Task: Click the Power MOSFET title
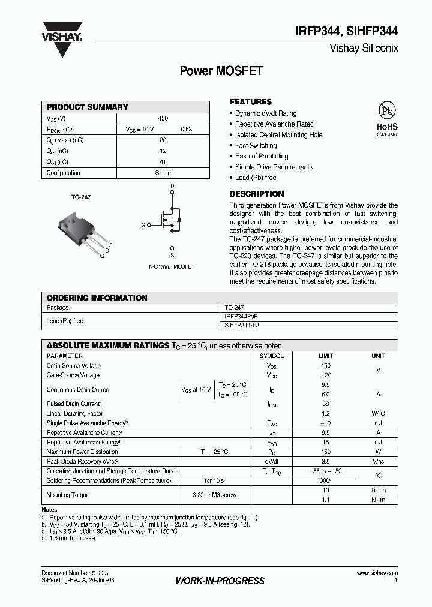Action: [221, 71]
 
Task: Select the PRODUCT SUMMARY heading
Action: [87, 107]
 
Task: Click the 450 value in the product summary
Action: [163, 119]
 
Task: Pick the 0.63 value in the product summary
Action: [186, 130]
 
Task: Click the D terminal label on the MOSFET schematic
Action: [172, 187]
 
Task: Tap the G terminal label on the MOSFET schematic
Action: [143, 225]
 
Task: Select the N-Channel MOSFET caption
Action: [172, 265]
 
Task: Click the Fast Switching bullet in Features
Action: [256, 146]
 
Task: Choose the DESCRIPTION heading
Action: [257, 194]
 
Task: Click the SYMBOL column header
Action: [272, 356]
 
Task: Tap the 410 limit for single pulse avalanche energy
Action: [326, 423]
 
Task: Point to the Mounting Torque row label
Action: [68, 495]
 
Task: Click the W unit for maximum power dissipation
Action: [378, 452]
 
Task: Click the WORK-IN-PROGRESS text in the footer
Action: [220, 581]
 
